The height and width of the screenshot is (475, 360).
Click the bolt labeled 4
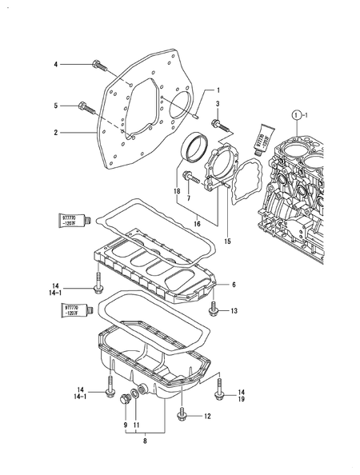[97, 64]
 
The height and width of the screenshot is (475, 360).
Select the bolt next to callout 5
[84, 106]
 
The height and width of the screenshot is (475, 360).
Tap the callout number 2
[54, 133]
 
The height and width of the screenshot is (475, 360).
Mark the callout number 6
[234, 285]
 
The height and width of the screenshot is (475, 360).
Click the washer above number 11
[141, 391]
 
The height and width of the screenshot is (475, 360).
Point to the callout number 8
[145, 440]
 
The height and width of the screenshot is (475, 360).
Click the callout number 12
[207, 416]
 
